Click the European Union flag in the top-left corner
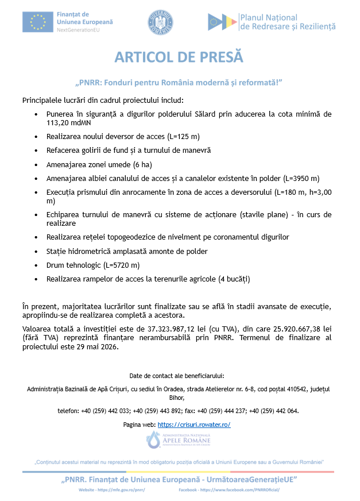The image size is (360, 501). click(38, 21)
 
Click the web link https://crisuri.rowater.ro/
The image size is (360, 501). click(193, 424)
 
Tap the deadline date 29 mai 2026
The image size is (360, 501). click(94, 346)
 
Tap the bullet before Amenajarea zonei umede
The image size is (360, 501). click(37, 164)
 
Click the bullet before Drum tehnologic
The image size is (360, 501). click(37, 265)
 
